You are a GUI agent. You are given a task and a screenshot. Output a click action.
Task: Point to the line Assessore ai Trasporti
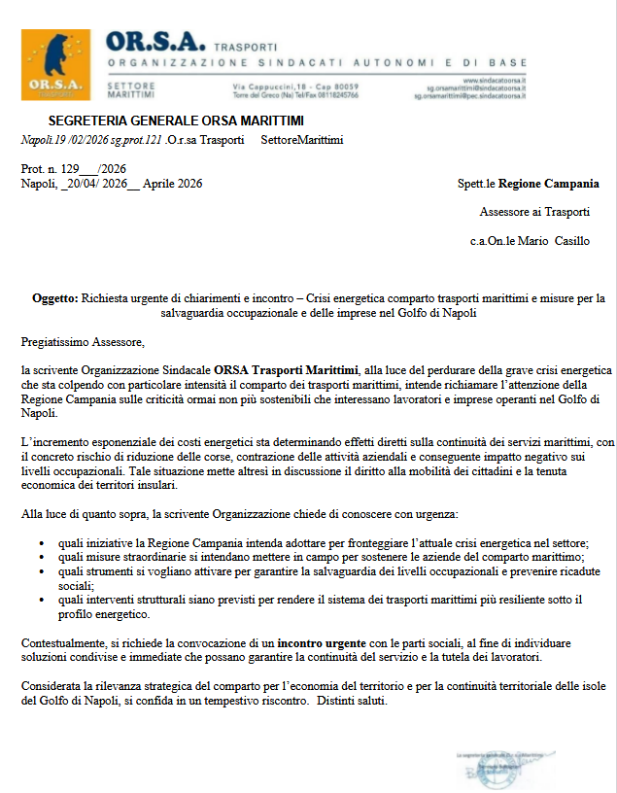tap(534, 212)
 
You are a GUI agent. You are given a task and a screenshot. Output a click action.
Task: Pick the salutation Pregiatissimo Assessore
tap(83, 342)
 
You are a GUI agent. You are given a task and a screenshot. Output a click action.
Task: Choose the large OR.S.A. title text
tap(155, 42)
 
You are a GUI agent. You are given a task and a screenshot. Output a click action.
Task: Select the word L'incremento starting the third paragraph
tap(57, 442)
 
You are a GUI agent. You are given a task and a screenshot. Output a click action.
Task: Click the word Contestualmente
tap(65, 644)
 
